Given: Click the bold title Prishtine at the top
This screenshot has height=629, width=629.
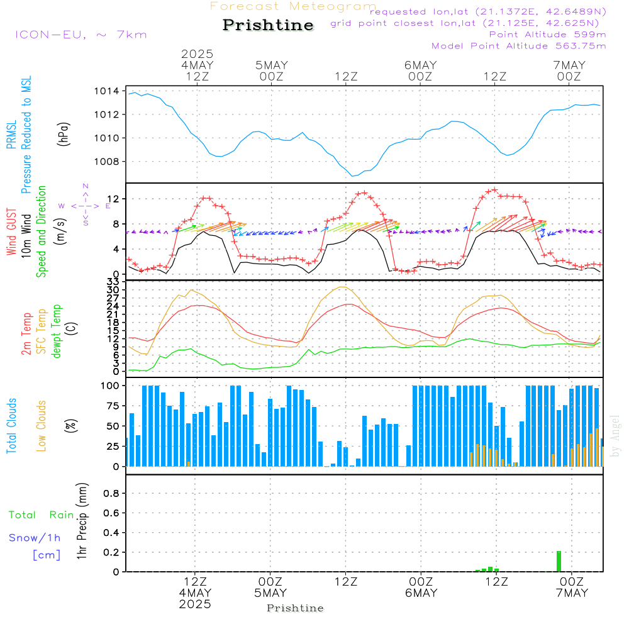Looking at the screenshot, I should tap(268, 25).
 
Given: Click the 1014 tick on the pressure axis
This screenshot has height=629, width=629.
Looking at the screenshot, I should tap(111, 91).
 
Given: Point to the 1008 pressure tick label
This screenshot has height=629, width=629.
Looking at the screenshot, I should tap(111, 162).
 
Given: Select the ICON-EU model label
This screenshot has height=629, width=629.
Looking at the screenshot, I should tap(81, 35).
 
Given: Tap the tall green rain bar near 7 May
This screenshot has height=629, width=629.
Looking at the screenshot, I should tap(559, 561).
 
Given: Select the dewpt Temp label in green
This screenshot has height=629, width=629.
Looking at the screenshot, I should tap(57, 331).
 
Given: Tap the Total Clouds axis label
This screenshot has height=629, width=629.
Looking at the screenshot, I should tap(12, 425).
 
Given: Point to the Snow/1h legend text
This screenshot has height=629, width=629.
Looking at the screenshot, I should tap(35, 538).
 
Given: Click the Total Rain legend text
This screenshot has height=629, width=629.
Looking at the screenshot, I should tap(42, 515).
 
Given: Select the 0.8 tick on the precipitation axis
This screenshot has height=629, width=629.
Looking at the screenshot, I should tap(111, 494).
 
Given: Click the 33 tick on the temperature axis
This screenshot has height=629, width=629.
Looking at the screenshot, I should tap(113, 281).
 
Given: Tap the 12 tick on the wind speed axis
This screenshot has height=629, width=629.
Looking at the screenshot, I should tap(113, 199).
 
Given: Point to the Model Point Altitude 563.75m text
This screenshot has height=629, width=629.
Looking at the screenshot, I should tap(518, 46).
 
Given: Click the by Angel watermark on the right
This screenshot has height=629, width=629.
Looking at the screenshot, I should tap(615, 436).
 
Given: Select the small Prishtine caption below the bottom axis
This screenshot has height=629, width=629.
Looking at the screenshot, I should tap(295, 608).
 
